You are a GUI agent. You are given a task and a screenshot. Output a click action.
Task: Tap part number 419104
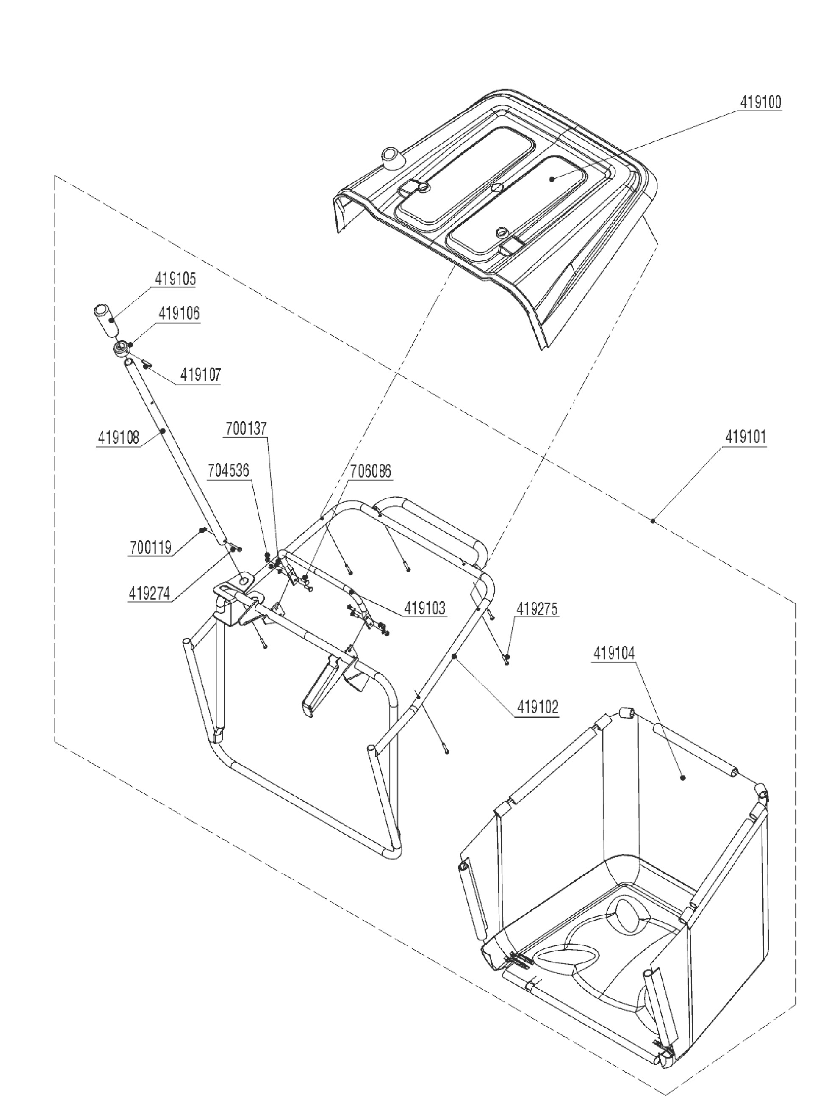[x=614, y=654]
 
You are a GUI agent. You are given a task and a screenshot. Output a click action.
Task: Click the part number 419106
[x=179, y=314]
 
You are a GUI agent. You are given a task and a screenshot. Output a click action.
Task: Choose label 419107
[x=200, y=375]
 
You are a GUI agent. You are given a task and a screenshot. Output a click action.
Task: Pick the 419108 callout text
[x=119, y=438]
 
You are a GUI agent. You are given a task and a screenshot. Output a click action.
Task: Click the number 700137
[x=247, y=429]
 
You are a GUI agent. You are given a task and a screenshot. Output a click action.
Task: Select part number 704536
[x=229, y=471]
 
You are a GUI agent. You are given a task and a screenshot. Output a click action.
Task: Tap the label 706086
[x=371, y=471]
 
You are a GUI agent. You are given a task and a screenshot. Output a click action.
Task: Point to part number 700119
[x=151, y=547]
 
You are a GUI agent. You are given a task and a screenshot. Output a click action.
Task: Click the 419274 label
[x=149, y=593]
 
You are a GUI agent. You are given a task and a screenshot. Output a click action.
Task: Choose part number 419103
[x=425, y=608]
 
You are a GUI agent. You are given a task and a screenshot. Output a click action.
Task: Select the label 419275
[x=536, y=609]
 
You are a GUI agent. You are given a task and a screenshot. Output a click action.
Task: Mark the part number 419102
[x=538, y=708]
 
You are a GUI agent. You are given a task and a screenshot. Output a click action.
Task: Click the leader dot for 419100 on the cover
[x=552, y=178]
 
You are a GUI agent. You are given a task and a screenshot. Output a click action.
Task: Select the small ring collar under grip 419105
[x=121, y=349]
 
